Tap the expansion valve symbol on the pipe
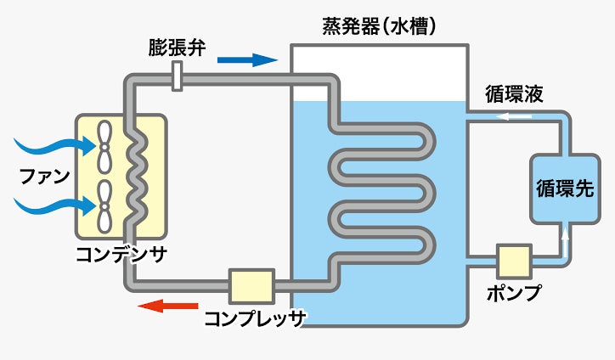click(177, 79)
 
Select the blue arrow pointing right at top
click(247, 59)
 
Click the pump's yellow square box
click(514, 262)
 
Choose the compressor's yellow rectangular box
click(251, 287)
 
